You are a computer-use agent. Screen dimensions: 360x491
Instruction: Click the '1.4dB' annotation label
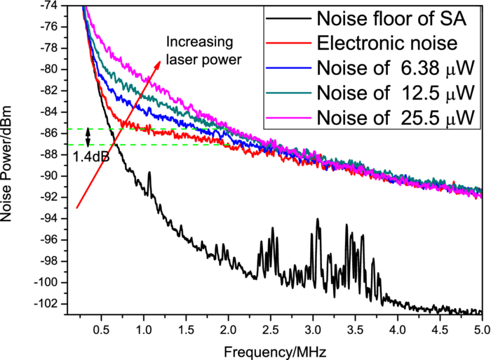click(x=91, y=156)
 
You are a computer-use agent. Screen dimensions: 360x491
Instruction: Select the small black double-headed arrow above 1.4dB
click(x=88, y=137)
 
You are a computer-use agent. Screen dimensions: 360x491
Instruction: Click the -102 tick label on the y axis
click(x=51, y=304)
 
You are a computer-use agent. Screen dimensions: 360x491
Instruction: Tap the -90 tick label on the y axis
click(x=53, y=176)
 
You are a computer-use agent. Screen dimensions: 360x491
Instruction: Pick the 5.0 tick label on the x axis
click(x=481, y=330)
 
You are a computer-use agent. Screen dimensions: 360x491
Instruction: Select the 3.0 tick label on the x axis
click(x=312, y=330)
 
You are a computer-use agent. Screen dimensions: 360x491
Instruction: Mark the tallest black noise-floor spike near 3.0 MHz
click(x=318, y=220)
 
